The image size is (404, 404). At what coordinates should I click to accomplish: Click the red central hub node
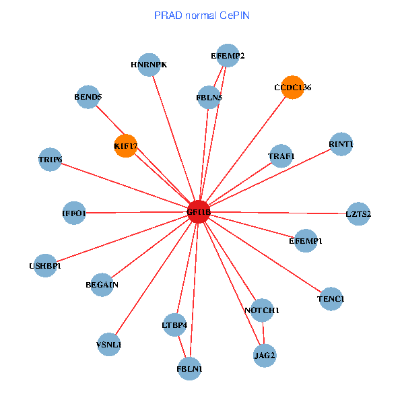pos(199,212)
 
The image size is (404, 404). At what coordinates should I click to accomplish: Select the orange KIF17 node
pos(126,145)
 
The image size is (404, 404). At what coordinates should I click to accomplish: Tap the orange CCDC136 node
pos(292,88)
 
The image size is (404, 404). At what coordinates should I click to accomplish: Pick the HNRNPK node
pos(149,65)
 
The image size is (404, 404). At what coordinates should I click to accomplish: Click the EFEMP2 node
pos(228,56)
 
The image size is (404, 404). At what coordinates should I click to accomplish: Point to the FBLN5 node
pos(209,97)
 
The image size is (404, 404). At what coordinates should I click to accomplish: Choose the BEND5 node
pos(88,97)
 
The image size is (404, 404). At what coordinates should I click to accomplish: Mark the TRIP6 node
pos(50,160)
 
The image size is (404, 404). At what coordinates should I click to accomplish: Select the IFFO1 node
pos(74,213)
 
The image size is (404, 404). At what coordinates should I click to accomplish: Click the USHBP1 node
pos(45,265)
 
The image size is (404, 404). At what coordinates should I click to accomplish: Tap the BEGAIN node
pos(102,284)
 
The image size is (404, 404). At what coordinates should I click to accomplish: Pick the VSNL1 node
pos(109,345)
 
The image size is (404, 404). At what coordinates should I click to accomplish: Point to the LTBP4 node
pos(174,325)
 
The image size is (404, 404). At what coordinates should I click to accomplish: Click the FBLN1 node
pos(189,368)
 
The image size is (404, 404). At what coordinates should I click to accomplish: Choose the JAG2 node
pos(265,354)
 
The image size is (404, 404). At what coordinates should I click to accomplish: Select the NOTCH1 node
pos(261,310)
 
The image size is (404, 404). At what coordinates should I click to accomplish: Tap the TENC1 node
pos(331,298)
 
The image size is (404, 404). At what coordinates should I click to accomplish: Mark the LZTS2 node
pos(358,214)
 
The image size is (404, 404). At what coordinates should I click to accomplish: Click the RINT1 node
pos(341,144)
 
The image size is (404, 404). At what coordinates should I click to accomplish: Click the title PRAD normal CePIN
pos(202,15)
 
